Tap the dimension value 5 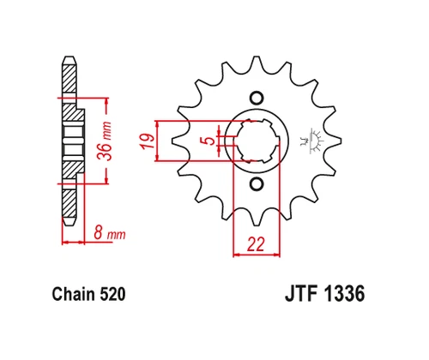[x=208, y=140]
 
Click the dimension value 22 [x=255, y=243]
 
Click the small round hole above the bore [x=256, y=97]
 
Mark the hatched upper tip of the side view [x=68, y=77]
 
